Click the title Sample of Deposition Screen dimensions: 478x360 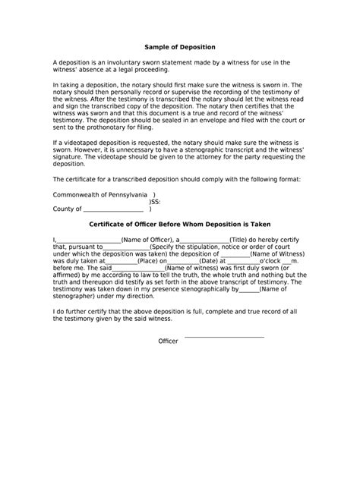(179, 47)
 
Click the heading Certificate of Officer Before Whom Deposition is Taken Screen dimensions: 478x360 (179, 225)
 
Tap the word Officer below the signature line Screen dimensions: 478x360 (168, 341)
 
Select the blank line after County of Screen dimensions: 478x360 (112, 209)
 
